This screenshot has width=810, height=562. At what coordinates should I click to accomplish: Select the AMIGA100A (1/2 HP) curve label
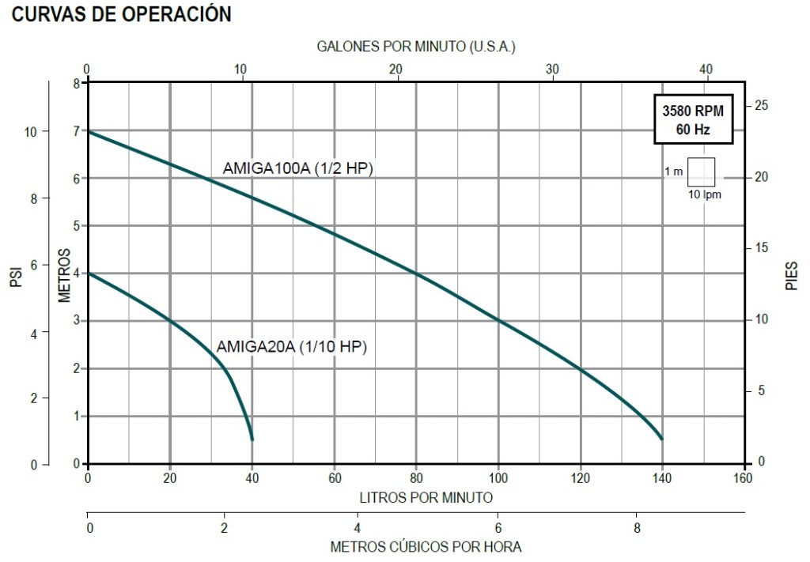click(x=297, y=168)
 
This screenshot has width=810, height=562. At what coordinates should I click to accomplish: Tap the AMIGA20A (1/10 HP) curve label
click(x=293, y=346)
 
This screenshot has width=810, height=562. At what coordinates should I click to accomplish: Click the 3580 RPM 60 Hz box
click(x=693, y=119)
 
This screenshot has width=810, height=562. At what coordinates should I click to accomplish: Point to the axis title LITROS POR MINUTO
click(x=426, y=497)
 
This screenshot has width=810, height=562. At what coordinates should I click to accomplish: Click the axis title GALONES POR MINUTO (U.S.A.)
click(x=416, y=47)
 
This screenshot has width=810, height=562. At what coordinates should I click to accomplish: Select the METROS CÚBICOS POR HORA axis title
click(x=426, y=546)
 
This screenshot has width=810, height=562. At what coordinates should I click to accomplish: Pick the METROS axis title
click(x=65, y=276)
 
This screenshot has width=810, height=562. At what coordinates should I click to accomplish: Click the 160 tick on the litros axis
click(x=742, y=478)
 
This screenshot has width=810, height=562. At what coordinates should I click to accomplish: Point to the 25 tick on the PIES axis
click(x=762, y=106)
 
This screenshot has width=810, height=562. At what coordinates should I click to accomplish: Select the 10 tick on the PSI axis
click(x=31, y=131)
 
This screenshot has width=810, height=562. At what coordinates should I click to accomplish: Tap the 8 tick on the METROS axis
click(x=77, y=83)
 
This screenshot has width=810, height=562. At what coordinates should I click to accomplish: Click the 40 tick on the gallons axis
click(x=706, y=69)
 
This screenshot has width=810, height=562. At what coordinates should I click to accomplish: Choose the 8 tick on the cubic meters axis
click(x=637, y=527)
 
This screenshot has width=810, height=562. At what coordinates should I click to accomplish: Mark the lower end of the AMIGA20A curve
click(x=252, y=439)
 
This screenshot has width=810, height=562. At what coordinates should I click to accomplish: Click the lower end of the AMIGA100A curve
click(x=661, y=439)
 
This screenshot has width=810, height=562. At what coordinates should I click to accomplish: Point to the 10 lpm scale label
click(x=705, y=194)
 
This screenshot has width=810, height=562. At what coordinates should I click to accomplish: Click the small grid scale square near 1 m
click(x=701, y=171)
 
